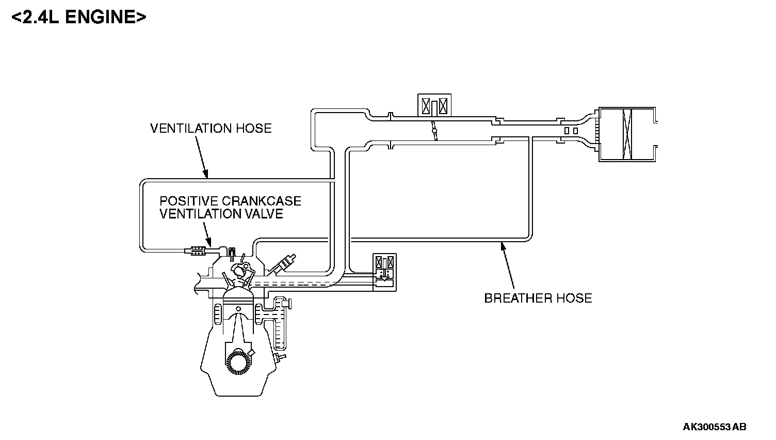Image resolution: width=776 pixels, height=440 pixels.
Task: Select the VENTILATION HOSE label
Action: pos(211,128)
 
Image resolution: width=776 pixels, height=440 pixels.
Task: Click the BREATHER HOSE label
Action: pos(538,298)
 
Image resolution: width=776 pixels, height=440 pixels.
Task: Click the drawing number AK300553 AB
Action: pos(714,427)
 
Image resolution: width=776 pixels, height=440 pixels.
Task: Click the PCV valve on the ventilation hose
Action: pos(196,252)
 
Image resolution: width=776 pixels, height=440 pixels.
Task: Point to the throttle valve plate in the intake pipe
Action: pos(435,130)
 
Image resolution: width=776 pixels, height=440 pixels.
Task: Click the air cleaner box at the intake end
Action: pos(626,134)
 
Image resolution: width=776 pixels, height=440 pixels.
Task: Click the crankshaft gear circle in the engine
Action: pos(238,362)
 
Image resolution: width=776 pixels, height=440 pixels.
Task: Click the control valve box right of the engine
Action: pos(385,272)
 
